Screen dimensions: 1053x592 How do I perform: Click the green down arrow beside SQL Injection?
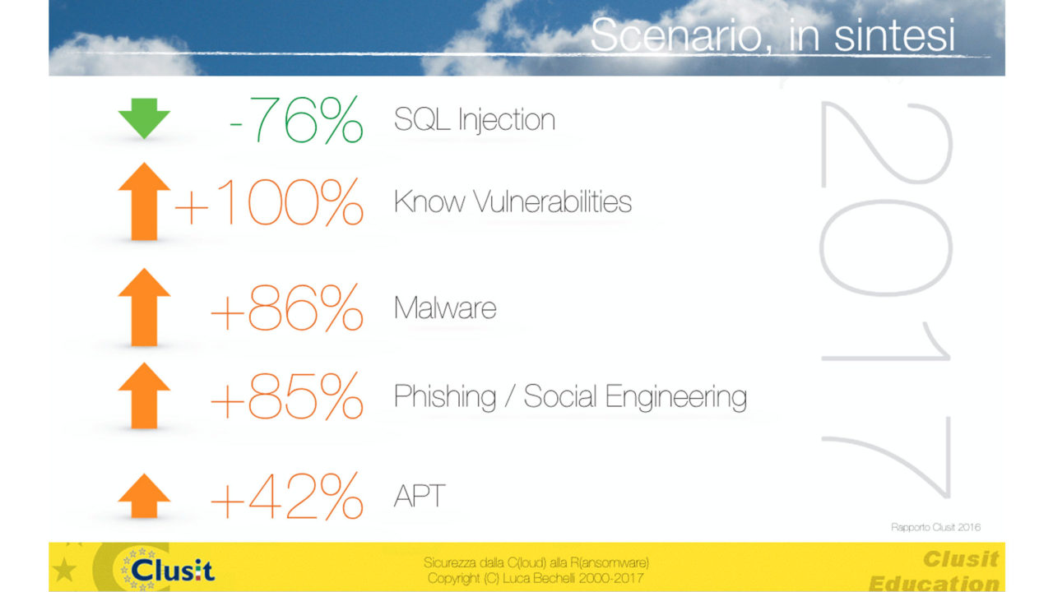click(x=144, y=118)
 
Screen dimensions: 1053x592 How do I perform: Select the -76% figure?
click(x=296, y=119)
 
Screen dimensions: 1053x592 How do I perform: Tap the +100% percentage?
click(x=269, y=202)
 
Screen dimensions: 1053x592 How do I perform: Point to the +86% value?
click(x=287, y=308)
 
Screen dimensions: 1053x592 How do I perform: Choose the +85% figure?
click(x=287, y=396)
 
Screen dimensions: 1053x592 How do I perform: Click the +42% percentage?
click(x=287, y=496)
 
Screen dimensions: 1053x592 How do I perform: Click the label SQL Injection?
click(x=475, y=120)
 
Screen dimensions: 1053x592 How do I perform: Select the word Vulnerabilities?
click(x=552, y=202)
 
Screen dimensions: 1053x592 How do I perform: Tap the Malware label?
click(x=445, y=308)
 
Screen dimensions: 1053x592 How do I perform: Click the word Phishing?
click(x=445, y=397)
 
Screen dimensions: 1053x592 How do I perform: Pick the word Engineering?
click(x=676, y=397)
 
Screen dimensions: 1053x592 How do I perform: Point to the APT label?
click(x=420, y=496)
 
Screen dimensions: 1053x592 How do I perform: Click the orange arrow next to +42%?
click(x=144, y=496)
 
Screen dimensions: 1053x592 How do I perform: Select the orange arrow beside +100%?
click(x=144, y=201)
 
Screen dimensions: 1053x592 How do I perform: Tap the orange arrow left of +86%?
click(x=144, y=308)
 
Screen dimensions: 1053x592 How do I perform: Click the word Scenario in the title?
click(x=676, y=35)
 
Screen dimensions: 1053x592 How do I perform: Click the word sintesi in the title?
click(x=894, y=35)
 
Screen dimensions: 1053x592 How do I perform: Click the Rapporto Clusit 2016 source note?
click(x=935, y=527)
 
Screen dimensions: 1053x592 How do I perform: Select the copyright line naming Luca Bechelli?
click(x=536, y=578)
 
